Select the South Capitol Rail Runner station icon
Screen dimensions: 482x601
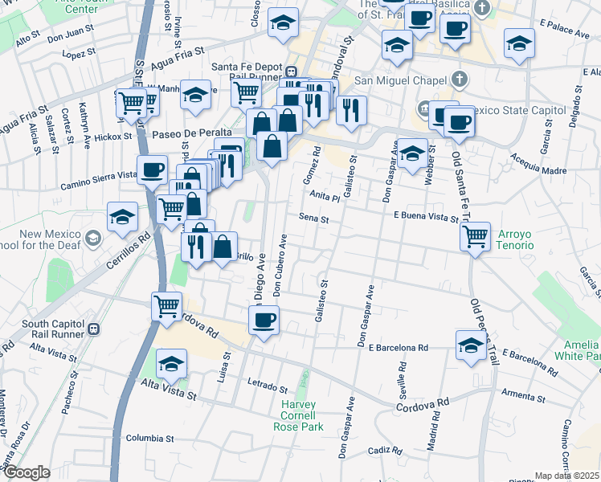pos(95,328)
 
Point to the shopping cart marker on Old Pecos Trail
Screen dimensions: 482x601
pos(476,236)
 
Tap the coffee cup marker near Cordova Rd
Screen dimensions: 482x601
pos(264,321)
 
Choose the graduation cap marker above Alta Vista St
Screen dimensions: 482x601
pos(171,364)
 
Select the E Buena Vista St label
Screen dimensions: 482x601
pos(425,215)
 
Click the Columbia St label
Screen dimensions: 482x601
pos(150,439)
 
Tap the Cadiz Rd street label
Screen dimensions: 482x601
pos(385,450)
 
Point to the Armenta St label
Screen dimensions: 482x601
pos(523,396)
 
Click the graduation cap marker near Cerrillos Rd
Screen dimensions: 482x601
pos(123,216)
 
